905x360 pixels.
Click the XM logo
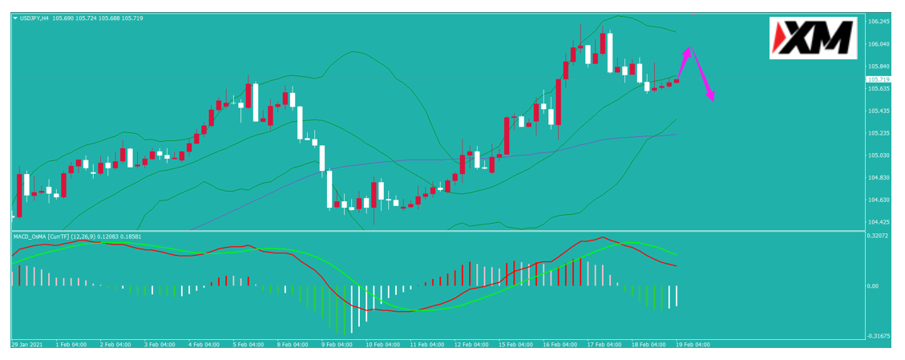813,38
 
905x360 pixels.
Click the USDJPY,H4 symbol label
34,18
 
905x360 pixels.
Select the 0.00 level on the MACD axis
874,286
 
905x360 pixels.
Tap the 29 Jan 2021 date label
26,345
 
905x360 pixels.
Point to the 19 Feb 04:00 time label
693,345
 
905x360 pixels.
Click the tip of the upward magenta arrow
689,47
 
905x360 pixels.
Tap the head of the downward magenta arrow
713,101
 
